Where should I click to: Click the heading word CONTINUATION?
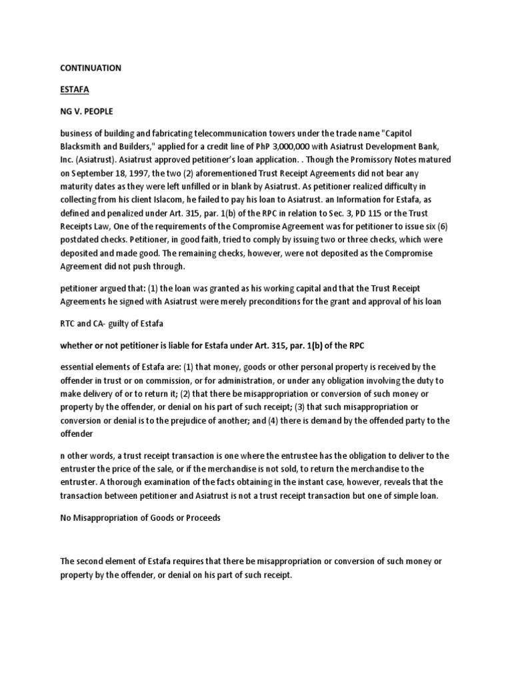91,68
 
